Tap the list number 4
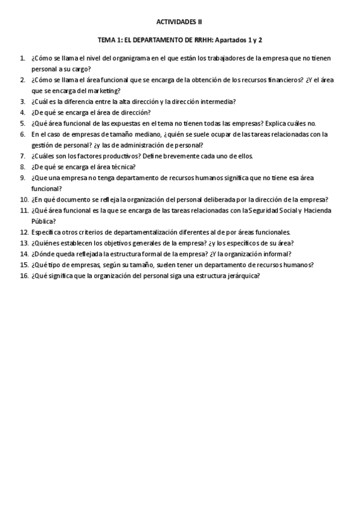pos(22,112)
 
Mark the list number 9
pos(22,178)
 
